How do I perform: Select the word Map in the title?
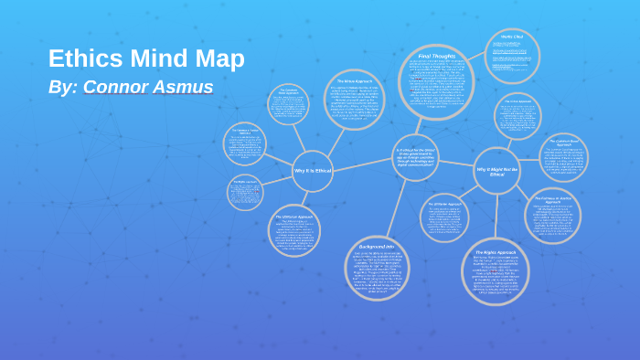219,58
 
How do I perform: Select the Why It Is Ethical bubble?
313,171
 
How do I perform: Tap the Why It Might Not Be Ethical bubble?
496,171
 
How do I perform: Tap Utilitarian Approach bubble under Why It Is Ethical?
294,230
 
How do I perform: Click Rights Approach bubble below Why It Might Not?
496,271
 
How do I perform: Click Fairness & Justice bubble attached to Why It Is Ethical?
245,143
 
